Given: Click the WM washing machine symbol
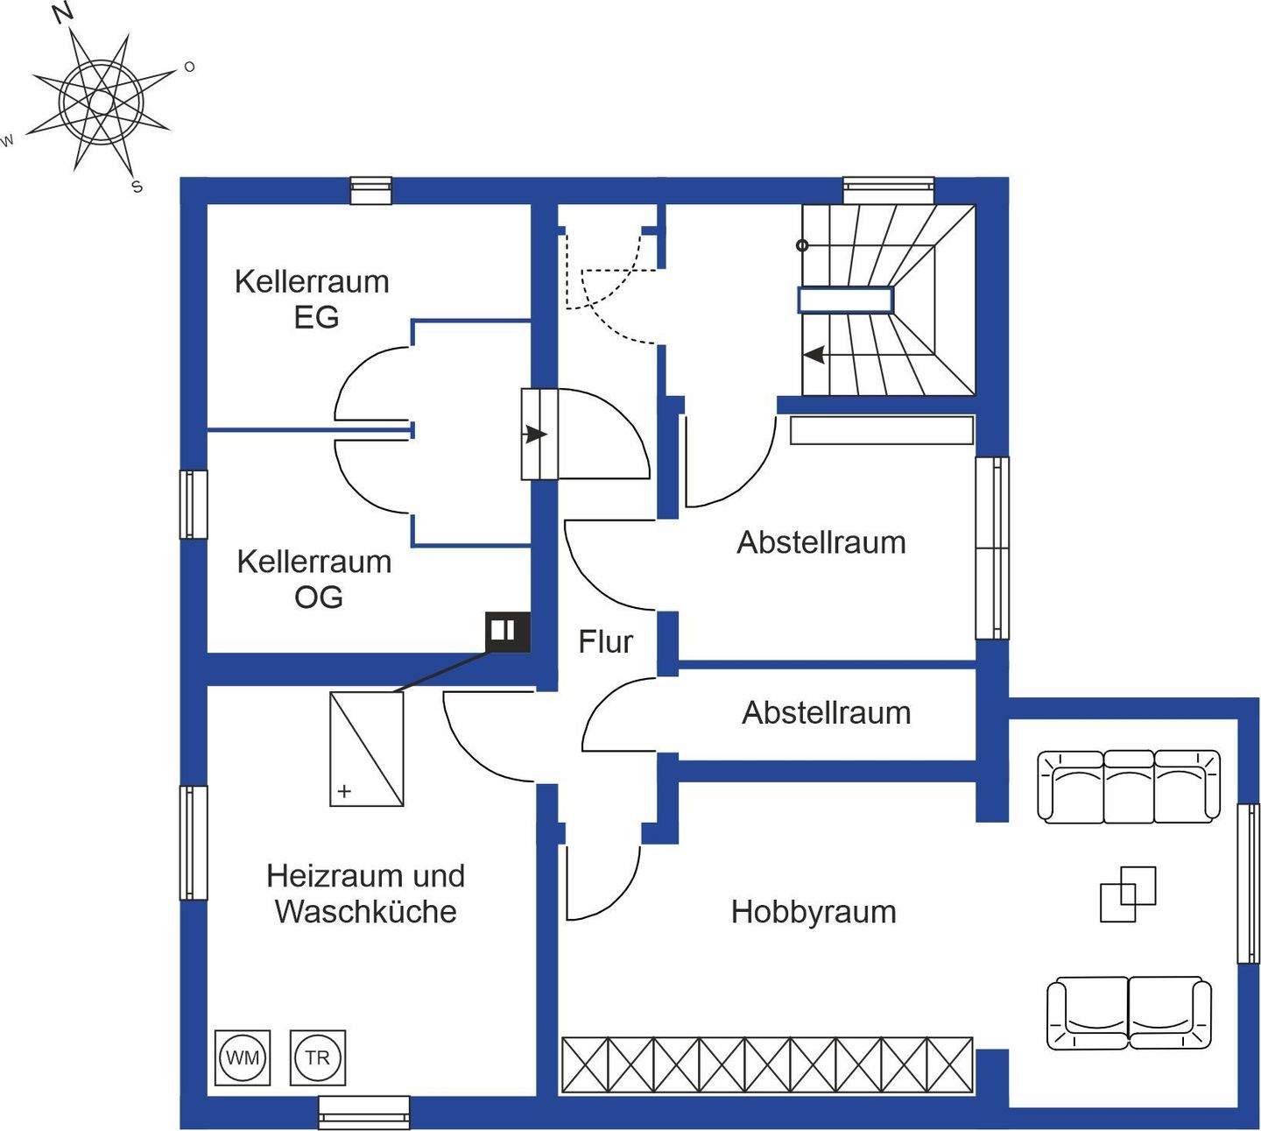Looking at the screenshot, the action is point(243,1057).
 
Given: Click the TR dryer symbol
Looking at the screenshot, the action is point(317,1057).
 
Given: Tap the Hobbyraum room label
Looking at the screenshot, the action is point(814,912).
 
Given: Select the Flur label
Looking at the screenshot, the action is point(605,642).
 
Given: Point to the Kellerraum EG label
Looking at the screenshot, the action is point(312,299).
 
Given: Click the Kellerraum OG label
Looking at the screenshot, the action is point(314,579).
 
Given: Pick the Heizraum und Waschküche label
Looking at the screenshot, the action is point(365,893).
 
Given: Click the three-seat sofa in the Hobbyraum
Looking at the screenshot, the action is point(1129,786).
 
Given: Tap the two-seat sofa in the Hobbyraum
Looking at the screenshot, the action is point(1130,1013).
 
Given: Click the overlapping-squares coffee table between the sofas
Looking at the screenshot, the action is point(1128,894).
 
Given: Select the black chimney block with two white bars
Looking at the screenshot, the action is point(508,631).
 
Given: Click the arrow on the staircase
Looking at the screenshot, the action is point(814,355).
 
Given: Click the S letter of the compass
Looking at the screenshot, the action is point(137,187).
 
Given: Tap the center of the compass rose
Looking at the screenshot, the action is point(101,103).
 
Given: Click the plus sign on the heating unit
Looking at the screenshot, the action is point(345,791).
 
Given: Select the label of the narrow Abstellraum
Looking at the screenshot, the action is point(826,713).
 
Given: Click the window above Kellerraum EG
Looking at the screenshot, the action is point(370,190).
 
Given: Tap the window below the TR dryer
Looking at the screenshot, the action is point(363,1112).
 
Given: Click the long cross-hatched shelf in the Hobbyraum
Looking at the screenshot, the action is point(767,1064).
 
